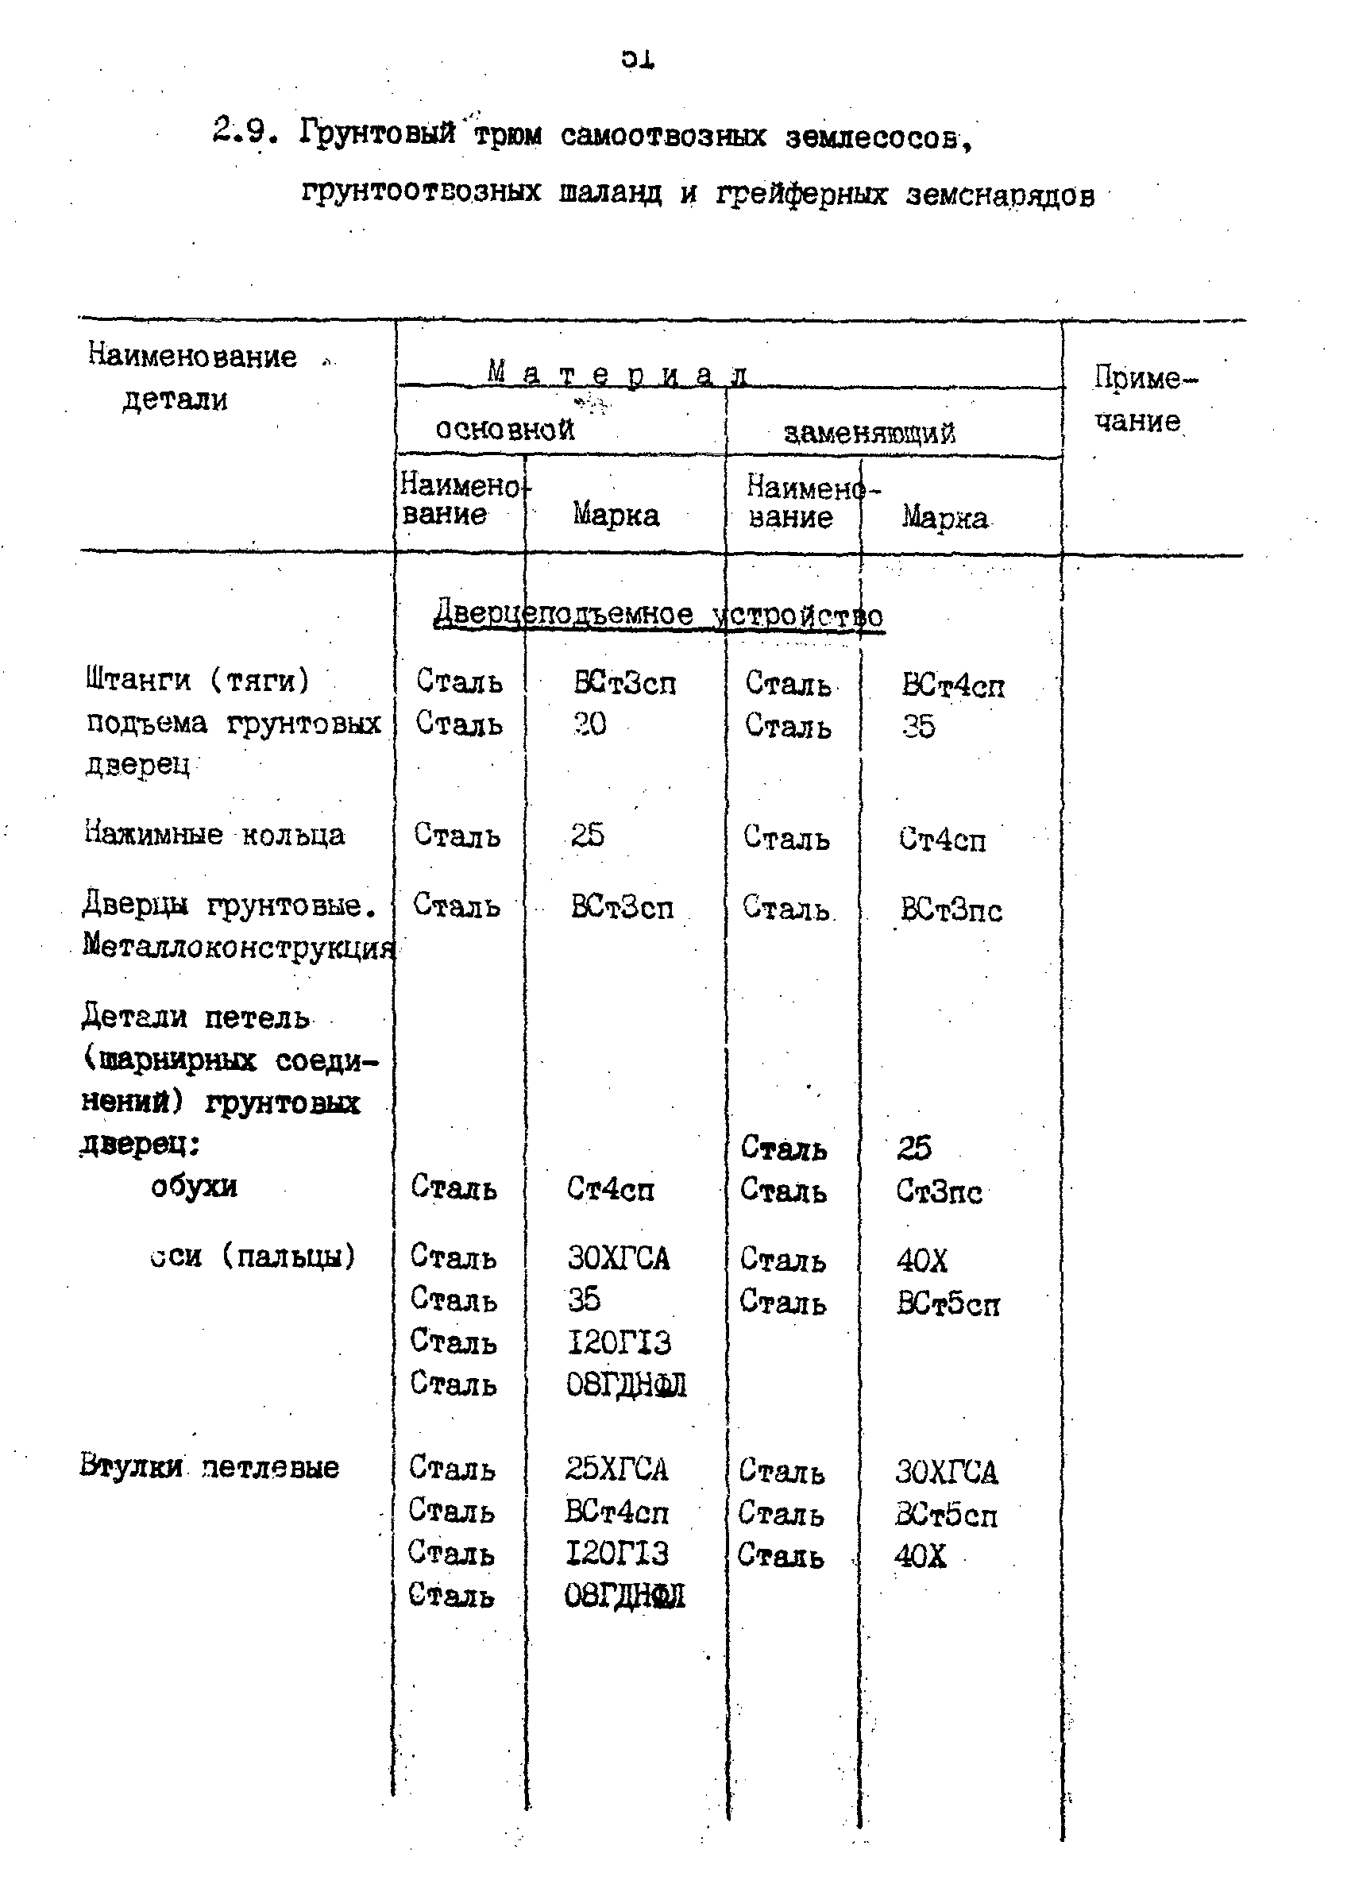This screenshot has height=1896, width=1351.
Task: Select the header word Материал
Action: [616, 374]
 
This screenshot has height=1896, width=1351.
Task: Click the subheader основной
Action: [504, 429]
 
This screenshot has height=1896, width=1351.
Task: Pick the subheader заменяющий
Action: [869, 433]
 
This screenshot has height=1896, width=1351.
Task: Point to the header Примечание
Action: [1144, 400]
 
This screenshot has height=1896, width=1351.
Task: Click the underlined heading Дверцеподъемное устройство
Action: [658, 615]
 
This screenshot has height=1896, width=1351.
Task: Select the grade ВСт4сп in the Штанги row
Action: [952, 685]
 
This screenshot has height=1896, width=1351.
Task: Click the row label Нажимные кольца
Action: [214, 833]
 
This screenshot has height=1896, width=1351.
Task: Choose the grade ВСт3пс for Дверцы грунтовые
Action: [951, 910]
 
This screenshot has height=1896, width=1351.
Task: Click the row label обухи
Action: [194, 1186]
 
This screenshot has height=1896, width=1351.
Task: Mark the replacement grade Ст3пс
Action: [938, 1191]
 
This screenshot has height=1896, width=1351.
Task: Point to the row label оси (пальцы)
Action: [253, 1256]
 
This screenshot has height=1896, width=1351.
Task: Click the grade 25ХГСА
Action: [616, 1469]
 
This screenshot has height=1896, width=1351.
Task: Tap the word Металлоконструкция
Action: [238, 947]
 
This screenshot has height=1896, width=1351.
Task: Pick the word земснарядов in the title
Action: [999, 195]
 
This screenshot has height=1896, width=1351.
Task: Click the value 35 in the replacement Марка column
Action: [917, 726]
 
